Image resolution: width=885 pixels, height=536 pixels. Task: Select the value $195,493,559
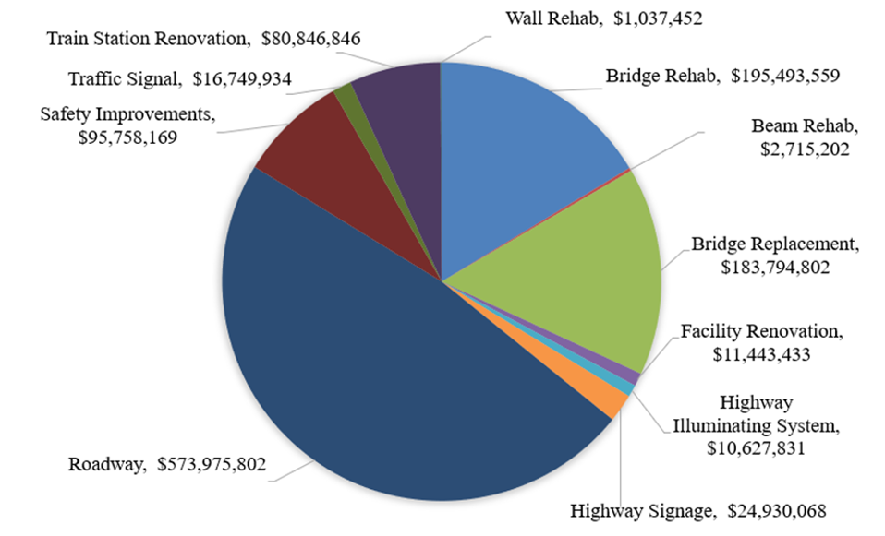[785, 76]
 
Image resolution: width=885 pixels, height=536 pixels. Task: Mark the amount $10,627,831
[758, 448]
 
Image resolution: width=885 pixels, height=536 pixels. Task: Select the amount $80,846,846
[310, 39]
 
